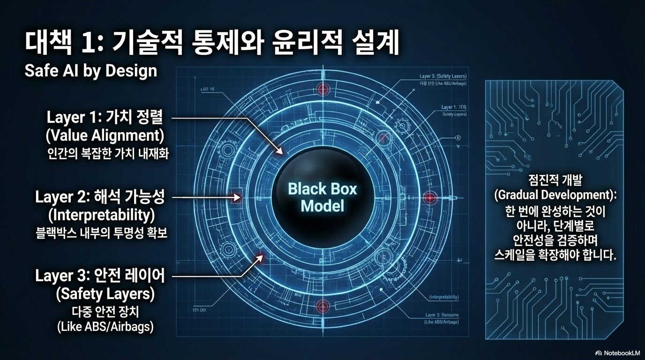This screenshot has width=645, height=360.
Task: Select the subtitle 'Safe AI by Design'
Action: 90,71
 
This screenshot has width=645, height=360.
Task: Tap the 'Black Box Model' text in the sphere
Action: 322,197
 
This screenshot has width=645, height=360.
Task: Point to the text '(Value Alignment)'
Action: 105,135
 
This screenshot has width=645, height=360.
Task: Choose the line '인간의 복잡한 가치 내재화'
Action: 107,154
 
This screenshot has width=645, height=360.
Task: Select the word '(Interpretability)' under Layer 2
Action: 102,215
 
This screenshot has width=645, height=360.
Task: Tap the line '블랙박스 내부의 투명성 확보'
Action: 102,233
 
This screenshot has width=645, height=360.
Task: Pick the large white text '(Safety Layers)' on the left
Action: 105,294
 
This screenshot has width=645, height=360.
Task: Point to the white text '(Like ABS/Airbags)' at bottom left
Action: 105,327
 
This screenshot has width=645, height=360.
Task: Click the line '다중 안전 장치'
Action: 105,311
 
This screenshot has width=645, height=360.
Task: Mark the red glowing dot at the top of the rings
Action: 322,89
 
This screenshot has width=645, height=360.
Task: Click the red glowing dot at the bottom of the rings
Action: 322,307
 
